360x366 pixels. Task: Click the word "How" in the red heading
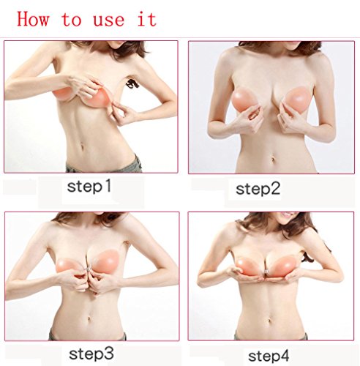click(33, 19)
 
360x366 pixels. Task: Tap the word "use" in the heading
click(109, 20)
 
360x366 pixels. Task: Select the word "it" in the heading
click(147, 19)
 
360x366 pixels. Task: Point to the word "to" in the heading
click(72, 20)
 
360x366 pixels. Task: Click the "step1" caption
click(89, 186)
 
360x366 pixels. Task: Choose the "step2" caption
click(258, 189)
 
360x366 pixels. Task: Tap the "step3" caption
click(91, 354)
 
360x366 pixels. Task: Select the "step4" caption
click(269, 356)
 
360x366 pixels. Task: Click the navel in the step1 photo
click(82, 147)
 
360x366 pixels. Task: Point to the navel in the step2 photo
click(273, 160)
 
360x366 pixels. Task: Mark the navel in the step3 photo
click(89, 318)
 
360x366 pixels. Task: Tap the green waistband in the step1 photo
click(105, 167)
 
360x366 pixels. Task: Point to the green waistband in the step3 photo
click(88, 335)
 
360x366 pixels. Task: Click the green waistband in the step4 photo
click(271, 336)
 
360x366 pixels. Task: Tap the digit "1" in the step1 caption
click(108, 185)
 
